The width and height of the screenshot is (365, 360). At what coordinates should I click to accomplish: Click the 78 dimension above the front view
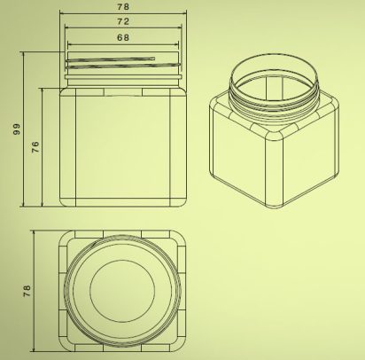coord(123,6)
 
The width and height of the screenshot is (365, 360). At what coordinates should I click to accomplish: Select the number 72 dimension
coord(123,21)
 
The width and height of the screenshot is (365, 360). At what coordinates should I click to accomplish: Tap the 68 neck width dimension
coord(123,37)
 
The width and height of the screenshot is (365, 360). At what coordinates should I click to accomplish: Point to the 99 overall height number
coord(17,129)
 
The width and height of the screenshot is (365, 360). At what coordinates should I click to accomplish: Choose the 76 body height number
coord(35,146)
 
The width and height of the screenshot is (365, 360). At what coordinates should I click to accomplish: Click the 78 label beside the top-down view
coord(27,291)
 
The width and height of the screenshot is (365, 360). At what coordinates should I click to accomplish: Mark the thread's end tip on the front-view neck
coord(154,59)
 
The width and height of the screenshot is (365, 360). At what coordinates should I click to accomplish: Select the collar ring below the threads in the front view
coord(123,77)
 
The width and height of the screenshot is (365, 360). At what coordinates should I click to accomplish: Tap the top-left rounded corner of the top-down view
coord(63,236)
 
